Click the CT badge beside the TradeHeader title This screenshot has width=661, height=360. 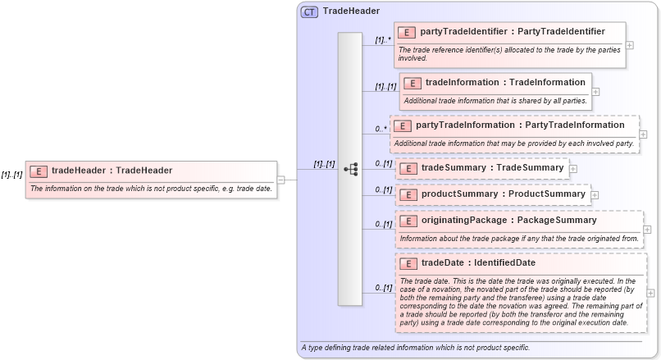(x=309, y=12)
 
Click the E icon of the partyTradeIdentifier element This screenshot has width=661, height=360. (x=408, y=33)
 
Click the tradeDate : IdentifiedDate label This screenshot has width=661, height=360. (x=478, y=263)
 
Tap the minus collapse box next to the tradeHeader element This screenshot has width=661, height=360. (x=280, y=180)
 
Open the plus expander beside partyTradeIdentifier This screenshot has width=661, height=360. (x=629, y=44)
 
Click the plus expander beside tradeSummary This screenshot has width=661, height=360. (x=572, y=168)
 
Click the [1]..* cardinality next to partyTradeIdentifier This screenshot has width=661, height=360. (x=382, y=39)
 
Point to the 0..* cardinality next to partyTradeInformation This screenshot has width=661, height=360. (x=381, y=129)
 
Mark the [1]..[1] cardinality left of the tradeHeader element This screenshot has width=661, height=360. (x=11, y=175)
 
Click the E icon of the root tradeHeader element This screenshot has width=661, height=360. (x=39, y=171)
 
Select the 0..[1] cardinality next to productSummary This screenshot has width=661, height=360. (x=383, y=190)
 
